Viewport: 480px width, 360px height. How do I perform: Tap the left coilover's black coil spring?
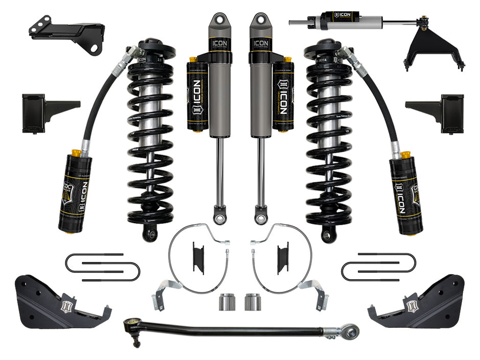tap(150, 143)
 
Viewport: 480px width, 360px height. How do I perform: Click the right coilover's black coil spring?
tap(330, 143)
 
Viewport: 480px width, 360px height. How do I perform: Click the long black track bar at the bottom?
tap(230, 329)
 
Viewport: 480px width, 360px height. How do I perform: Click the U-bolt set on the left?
tap(102, 266)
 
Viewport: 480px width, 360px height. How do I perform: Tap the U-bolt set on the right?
tap(378, 266)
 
